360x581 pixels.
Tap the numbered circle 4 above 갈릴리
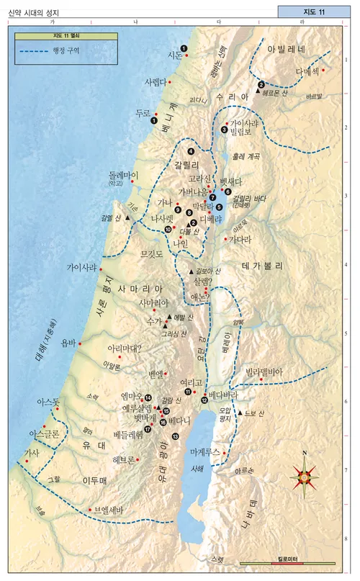click(191, 151)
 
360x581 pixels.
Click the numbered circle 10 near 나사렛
click(168, 229)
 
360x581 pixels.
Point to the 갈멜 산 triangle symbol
click(127, 217)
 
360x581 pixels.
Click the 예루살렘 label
click(132, 407)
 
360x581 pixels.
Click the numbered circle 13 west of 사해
click(176, 436)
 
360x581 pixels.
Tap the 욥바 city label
click(68, 343)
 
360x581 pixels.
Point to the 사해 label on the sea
click(197, 468)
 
